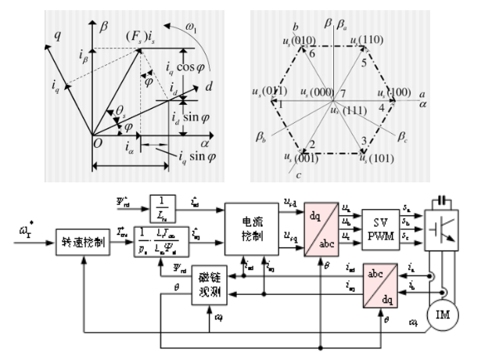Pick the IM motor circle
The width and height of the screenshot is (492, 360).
(444, 316)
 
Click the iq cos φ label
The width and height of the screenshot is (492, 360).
(192, 74)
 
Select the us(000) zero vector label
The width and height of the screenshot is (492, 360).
(317, 93)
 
